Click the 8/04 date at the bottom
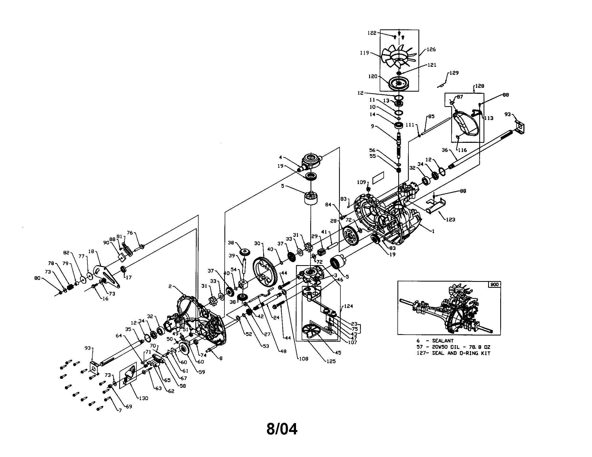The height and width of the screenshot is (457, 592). (x=282, y=429)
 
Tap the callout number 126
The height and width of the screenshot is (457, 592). (x=431, y=49)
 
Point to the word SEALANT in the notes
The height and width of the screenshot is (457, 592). (x=443, y=341)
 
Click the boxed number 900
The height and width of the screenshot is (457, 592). (x=494, y=285)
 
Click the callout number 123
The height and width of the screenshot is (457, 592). (x=450, y=219)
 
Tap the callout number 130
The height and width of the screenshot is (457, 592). (x=143, y=398)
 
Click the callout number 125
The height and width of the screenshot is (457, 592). (x=331, y=361)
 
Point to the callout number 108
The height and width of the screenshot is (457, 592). (x=304, y=358)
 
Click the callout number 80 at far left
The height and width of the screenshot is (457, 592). (x=37, y=278)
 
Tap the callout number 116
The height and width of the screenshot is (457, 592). (x=462, y=150)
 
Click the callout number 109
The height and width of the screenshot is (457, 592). (x=361, y=182)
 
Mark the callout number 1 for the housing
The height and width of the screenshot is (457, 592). (x=433, y=231)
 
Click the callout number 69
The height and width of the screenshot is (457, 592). (x=129, y=406)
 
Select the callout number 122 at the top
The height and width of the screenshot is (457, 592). (x=372, y=33)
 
